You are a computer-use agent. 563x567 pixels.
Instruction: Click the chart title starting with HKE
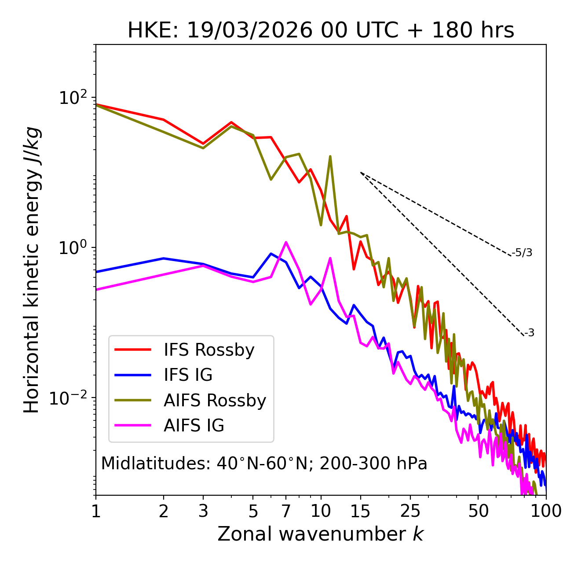(x=321, y=31)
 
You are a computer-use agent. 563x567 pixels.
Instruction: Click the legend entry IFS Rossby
(x=209, y=350)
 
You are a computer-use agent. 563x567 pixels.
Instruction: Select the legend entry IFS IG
(x=188, y=375)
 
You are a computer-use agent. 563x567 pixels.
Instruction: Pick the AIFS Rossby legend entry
(x=215, y=401)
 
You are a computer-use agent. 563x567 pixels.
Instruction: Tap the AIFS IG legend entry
(x=194, y=426)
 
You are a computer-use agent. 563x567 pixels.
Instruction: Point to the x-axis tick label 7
(x=286, y=511)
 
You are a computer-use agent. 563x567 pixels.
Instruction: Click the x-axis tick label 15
(x=361, y=511)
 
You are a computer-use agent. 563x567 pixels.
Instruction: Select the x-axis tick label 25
(x=410, y=511)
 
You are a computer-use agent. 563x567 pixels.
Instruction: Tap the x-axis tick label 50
(x=478, y=511)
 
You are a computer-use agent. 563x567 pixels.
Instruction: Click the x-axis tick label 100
(x=546, y=511)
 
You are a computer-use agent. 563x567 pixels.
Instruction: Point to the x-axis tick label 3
(x=203, y=511)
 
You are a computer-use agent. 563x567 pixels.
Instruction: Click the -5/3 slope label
(x=522, y=253)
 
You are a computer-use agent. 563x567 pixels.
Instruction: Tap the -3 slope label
(x=529, y=333)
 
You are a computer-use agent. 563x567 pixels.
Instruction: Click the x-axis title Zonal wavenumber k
(x=321, y=534)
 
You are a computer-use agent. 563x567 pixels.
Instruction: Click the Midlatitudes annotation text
(x=264, y=464)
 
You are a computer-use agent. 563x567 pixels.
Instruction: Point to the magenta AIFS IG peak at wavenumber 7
(x=286, y=242)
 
